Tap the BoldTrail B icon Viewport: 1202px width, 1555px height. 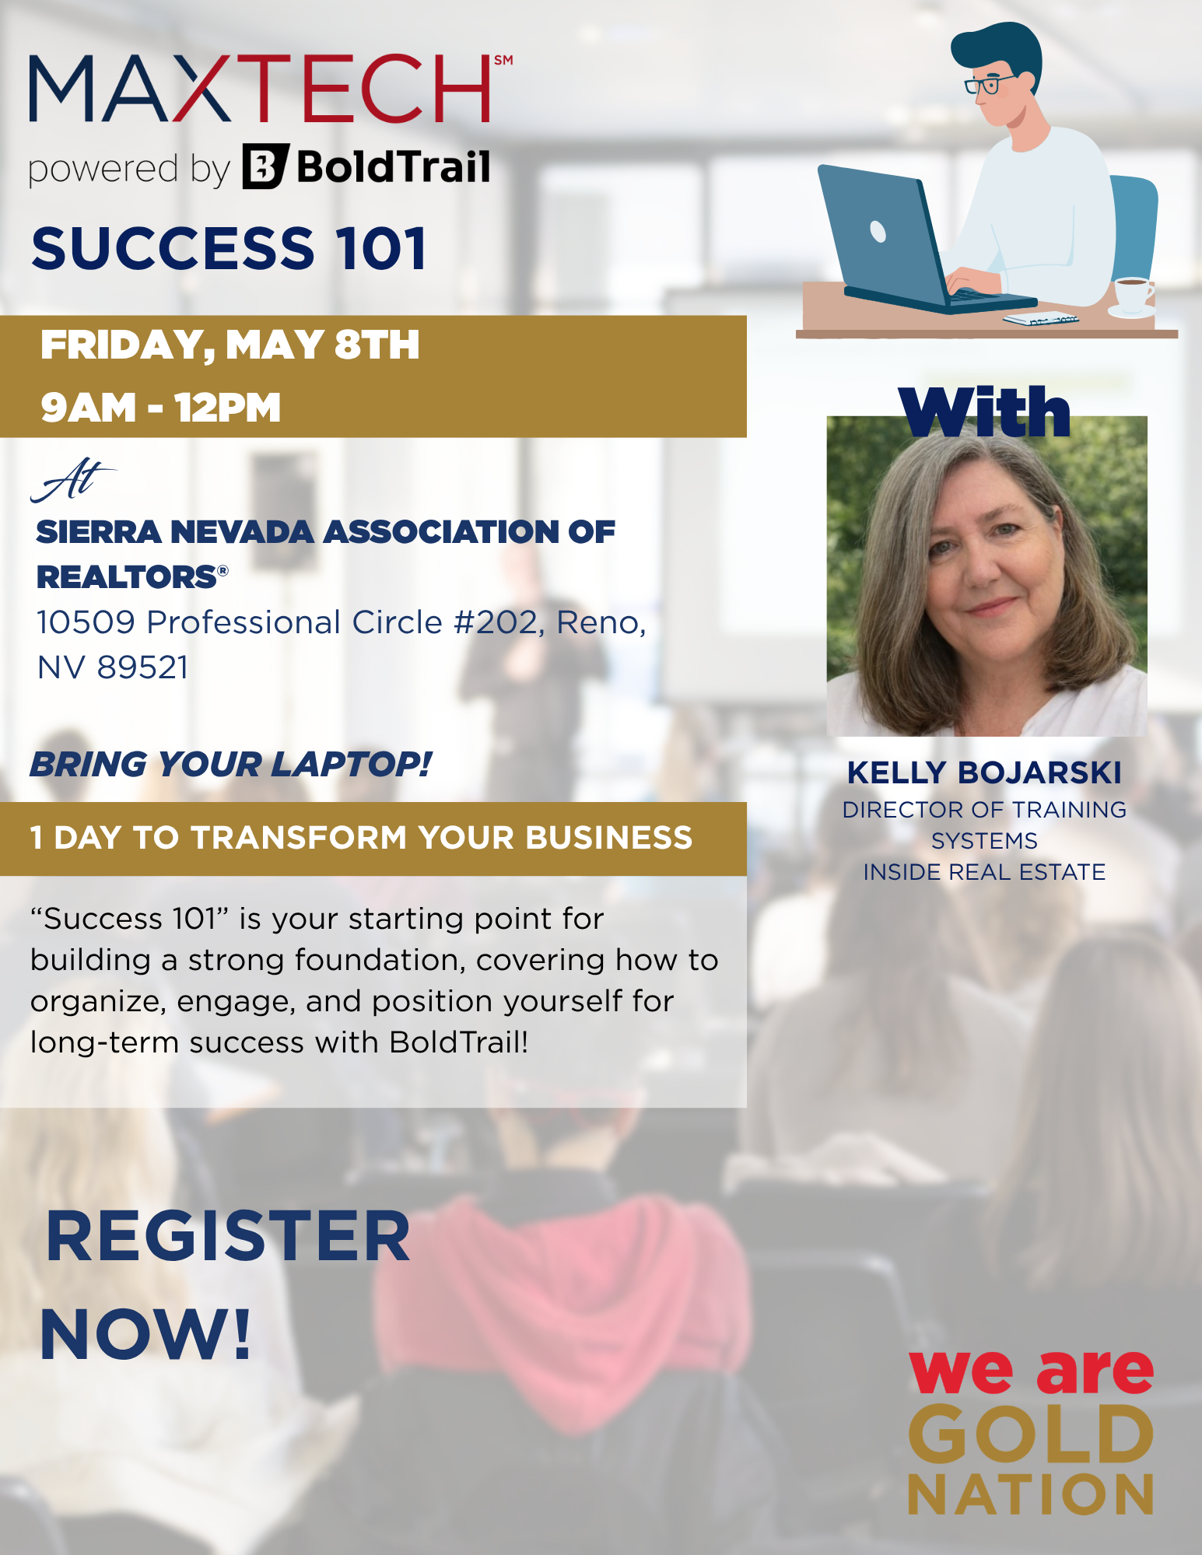click(265, 166)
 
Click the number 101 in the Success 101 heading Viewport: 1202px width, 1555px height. click(381, 249)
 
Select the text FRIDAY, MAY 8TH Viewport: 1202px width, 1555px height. click(230, 345)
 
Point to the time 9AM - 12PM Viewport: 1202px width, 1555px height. click(160, 408)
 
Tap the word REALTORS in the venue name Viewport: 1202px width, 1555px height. click(127, 577)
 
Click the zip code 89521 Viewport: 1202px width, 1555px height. click(142, 667)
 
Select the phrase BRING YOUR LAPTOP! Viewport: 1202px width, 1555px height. click(230, 764)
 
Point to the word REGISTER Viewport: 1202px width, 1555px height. click(227, 1236)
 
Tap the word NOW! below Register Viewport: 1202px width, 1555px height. click(146, 1335)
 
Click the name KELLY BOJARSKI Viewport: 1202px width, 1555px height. click(984, 772)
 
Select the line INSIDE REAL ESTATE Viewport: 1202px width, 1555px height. click(984, 872)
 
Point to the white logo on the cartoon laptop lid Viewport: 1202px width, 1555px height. click(878, 231)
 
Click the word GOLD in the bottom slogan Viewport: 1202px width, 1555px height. click(1031, 1435)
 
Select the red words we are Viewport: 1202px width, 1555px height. click(1031, 1371)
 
